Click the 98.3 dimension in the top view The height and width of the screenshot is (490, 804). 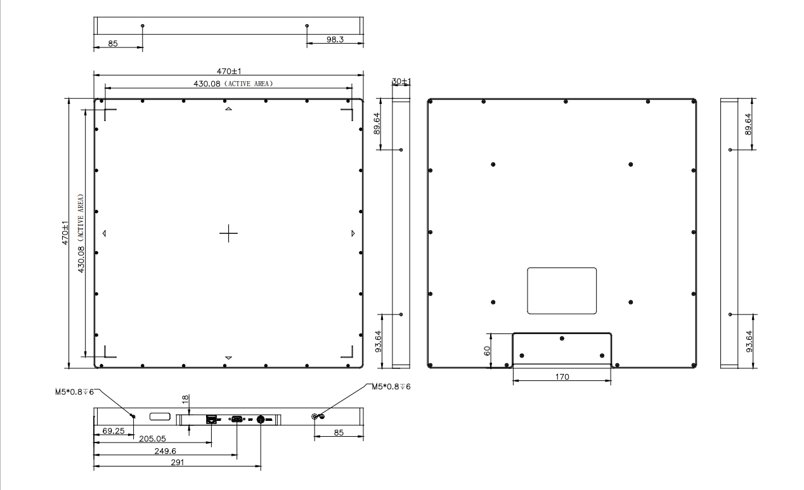point(335,39)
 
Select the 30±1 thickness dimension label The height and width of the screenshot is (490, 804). point(401,81)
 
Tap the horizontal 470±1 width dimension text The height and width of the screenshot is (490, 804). point(229,71)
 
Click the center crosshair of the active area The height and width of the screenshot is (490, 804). point(228,233)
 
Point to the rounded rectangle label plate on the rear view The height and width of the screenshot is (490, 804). point(562,291)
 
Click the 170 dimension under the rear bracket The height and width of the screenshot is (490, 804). point(562,377)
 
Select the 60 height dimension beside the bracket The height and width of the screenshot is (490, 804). point(487,351)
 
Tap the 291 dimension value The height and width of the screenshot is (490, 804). point(178,462)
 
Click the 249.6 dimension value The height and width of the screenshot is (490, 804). point(165,451)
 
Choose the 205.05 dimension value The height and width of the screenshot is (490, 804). point(153,439)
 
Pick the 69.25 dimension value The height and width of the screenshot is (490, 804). point(113,431)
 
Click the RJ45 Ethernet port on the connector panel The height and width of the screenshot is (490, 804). point(211,419)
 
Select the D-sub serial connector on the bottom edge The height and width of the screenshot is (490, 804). point(237,418)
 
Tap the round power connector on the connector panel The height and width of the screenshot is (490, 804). point(261,419)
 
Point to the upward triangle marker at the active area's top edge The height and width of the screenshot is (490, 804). point(228,108)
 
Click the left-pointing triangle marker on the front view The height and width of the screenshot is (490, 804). point(104,233)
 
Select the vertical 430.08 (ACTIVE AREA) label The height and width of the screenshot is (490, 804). point(81,233)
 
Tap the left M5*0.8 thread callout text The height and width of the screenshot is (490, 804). point(74,392)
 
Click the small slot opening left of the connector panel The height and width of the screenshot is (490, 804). point(160,416)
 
